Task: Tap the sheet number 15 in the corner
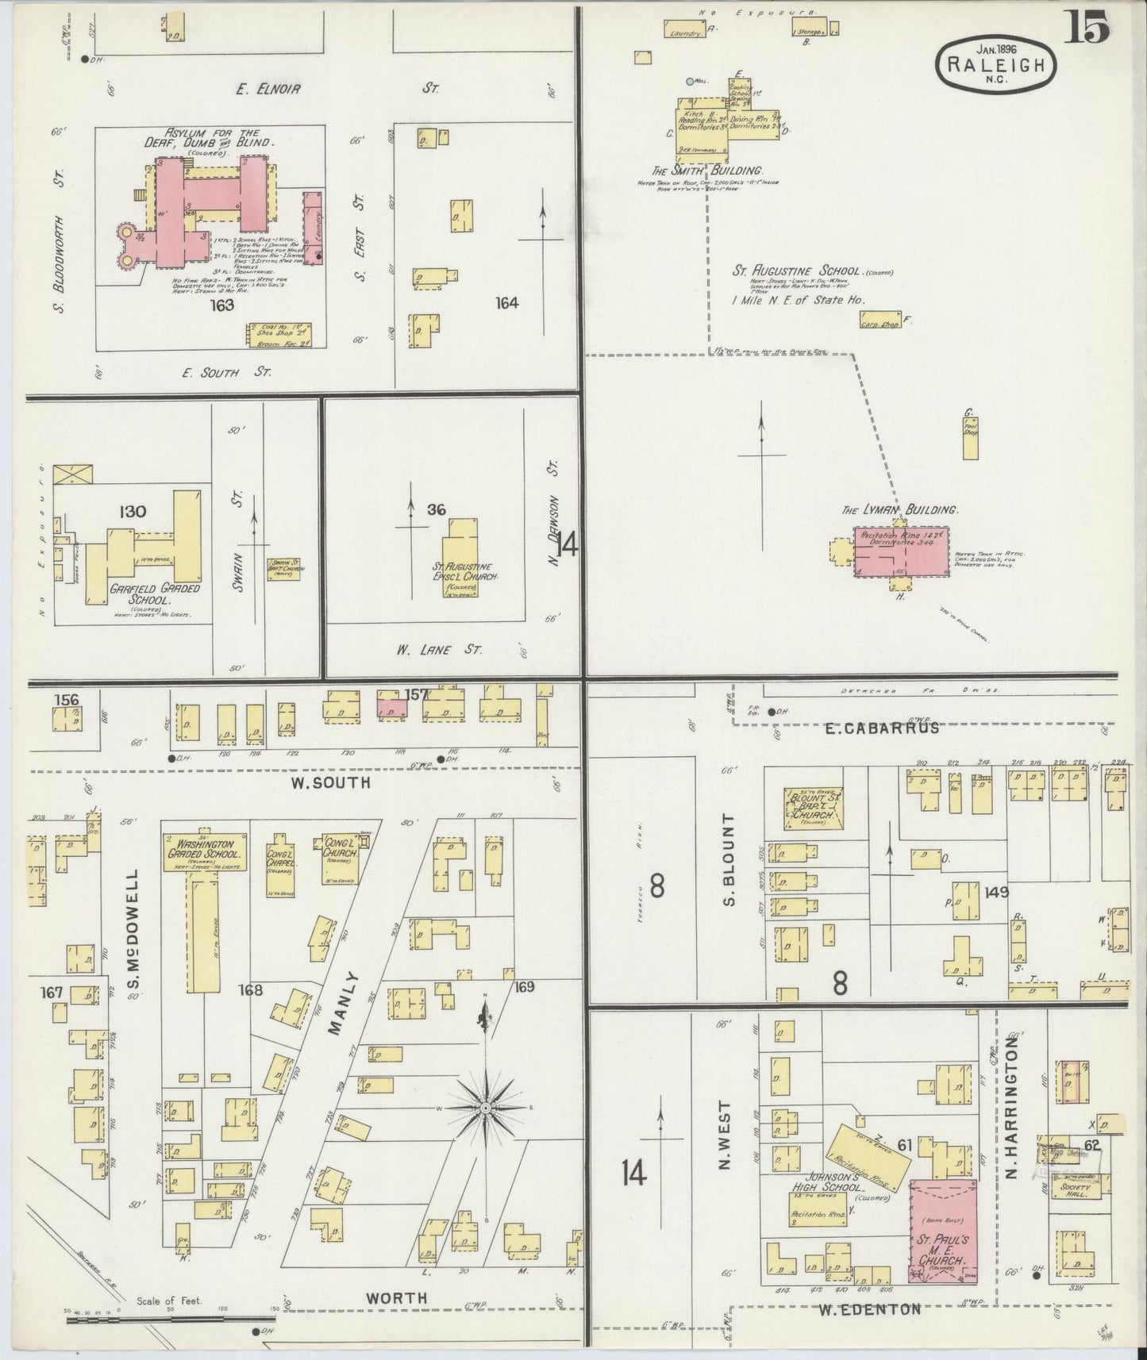[x=1088, y=30]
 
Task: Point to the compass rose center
[x=485, y=1107]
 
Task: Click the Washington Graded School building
[x=203, y=853]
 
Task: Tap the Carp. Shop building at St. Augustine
[x=879, y=321]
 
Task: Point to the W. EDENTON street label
[x=869, y=1309]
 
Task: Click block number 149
[x=995, y=892]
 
